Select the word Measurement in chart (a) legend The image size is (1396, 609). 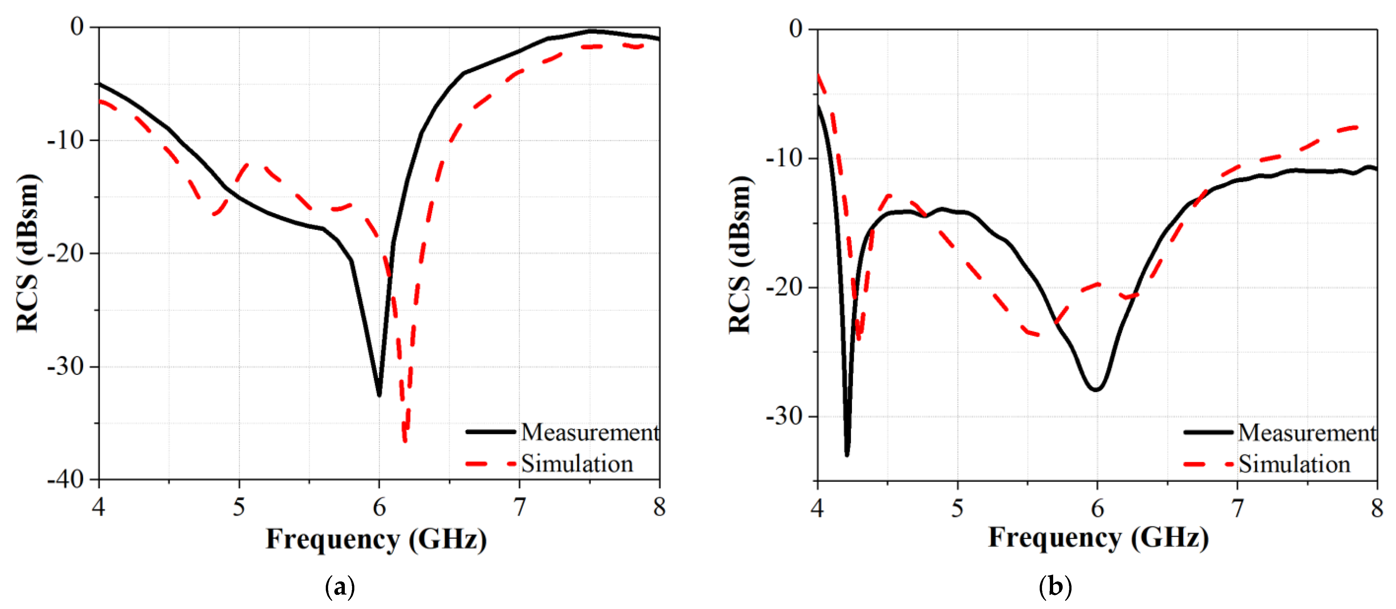tap(590, 432)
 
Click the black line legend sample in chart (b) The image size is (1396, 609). tap(1208, 432)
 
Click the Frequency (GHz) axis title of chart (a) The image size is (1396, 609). tap(376, 540)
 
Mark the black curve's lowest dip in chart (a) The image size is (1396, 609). tap(379, 395)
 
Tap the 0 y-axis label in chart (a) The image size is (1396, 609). tap(77, 26)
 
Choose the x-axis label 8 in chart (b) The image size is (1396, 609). tap(1377, 508)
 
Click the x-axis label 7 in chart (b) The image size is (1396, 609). tap(1237, 508)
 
